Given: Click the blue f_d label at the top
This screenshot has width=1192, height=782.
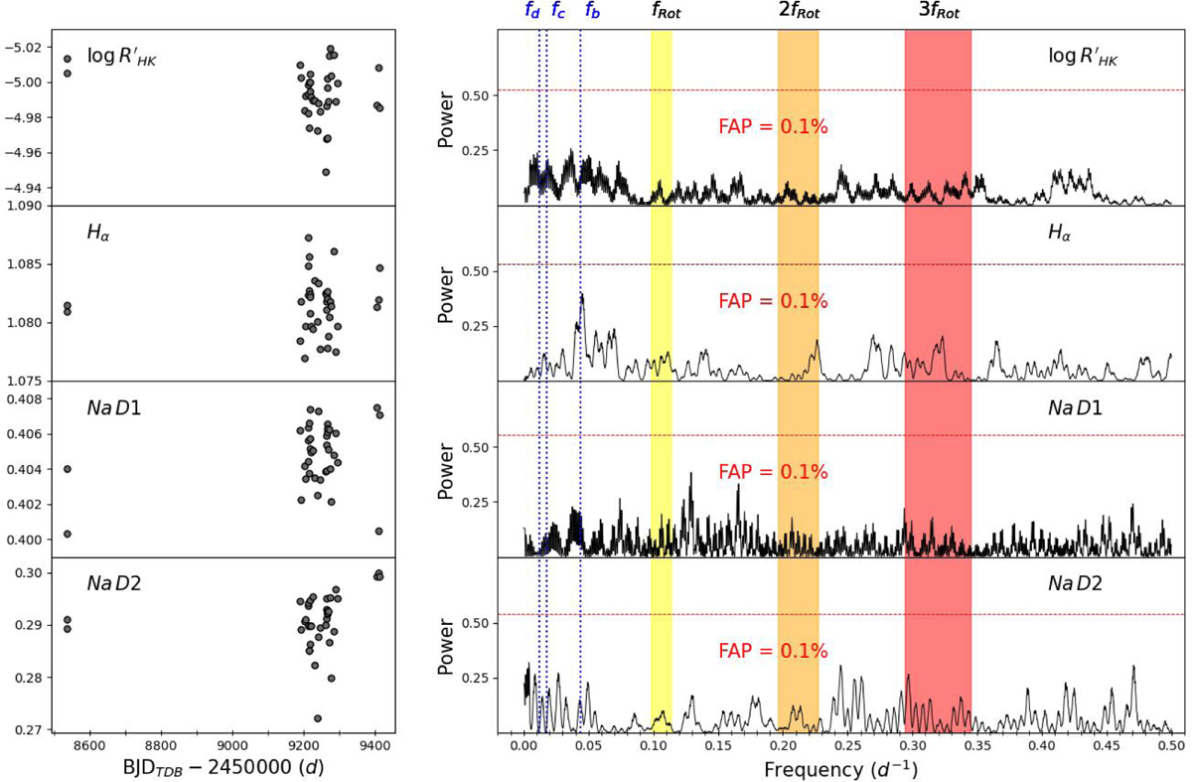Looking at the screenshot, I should pos(532,12).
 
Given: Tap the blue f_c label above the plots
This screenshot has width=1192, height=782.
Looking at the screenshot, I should pos(559,12).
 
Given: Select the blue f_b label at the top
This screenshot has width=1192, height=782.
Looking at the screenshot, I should pos(592,12).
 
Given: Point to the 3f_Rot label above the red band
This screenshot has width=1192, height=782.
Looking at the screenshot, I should pos(938,12).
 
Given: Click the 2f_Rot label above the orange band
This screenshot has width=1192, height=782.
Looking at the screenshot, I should pos(799,12).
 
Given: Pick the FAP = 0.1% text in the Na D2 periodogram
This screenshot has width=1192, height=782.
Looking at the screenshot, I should pos(773,651).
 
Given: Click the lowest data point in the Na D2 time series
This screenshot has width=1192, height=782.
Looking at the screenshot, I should pos(317,718).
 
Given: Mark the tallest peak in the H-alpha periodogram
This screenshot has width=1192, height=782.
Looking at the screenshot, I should pos(582,295).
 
